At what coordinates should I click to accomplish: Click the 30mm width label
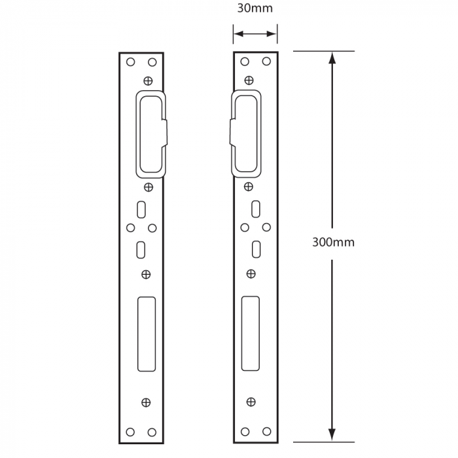click(255, 9)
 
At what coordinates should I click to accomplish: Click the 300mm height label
click(333, 242)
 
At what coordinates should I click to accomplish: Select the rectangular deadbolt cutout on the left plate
click(146, 334)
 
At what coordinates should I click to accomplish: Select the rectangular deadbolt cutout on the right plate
click(251, 334)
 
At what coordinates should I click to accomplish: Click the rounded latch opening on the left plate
click(149, 133)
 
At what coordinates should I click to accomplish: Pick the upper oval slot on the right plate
click(256, 210)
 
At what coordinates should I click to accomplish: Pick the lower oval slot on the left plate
click(141, 249)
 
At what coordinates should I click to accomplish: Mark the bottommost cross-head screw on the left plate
click(146, 402)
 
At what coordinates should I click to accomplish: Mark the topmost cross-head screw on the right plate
click(249, 80)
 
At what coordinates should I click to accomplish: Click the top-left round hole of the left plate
click(130, 62)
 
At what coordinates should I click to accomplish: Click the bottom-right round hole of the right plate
click(267, 432)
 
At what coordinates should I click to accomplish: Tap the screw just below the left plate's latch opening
click(149, 188)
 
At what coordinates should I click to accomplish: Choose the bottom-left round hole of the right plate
click(245, 432)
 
